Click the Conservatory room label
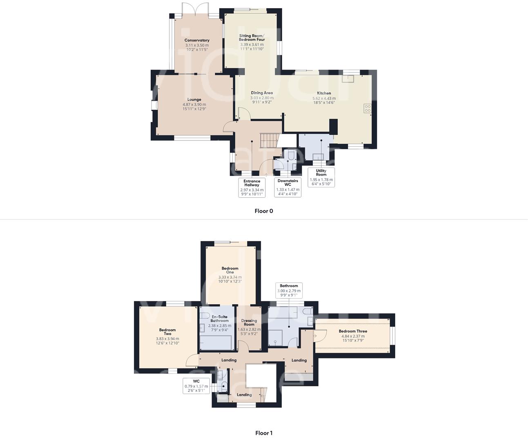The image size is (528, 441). coord(197,40)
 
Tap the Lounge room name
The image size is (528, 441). coord(194,100)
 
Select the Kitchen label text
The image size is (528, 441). coord(324,93)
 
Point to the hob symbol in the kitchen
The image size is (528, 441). coord(367,108)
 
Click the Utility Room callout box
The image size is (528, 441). coord(321,177)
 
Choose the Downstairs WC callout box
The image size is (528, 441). coord(287,187)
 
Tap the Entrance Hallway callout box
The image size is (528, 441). coord(252,187)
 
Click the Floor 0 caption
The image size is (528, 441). coord(263,211)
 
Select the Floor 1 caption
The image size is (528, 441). coord(263,433)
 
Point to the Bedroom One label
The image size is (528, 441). coord(230,270)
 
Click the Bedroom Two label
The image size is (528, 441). coord(167,332)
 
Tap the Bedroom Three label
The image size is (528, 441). coord(353,331)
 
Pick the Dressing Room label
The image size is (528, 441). coord(249,323)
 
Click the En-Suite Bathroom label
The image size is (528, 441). coord(220,318)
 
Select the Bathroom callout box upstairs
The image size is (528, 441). coord(289,290)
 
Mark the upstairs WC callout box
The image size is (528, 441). coord(196,385)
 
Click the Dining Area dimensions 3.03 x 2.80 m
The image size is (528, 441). coord(262,98)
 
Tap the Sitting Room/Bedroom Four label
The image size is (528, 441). coord(252,38)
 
